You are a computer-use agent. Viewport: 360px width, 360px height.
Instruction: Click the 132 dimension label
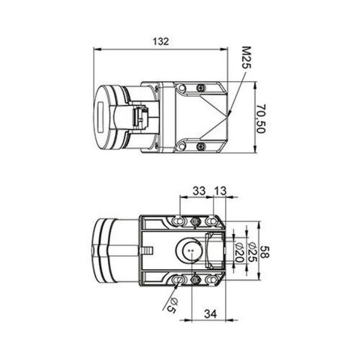(161, 41)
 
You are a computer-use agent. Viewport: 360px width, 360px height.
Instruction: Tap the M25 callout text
(246, 58)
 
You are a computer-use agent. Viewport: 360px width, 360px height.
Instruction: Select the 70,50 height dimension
(260, 118)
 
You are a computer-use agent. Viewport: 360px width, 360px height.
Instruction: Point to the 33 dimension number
(199, 190)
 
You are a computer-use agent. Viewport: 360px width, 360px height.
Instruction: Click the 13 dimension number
(220, 191)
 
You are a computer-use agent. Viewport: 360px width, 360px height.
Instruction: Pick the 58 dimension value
(265, 252)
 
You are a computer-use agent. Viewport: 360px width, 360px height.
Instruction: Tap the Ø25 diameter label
(252, 252)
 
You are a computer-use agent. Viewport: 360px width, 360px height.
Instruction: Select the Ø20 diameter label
(239, 252)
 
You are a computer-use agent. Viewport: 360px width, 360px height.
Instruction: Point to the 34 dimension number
(211, 313)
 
